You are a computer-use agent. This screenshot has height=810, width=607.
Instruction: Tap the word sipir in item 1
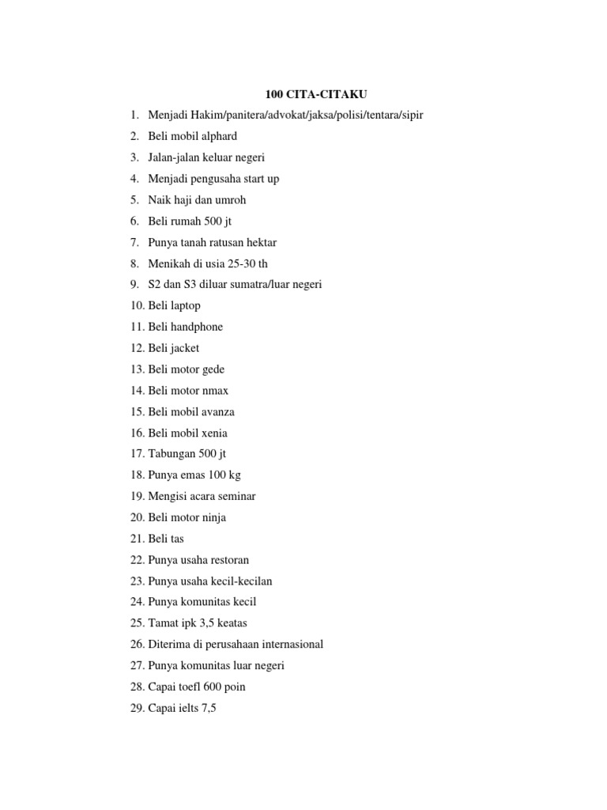pos(411,115)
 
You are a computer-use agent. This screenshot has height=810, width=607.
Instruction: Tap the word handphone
pos(197,327)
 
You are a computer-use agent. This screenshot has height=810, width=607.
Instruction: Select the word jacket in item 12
pos(185,348)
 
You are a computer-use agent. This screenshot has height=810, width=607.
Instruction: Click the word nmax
pos(214,391)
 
